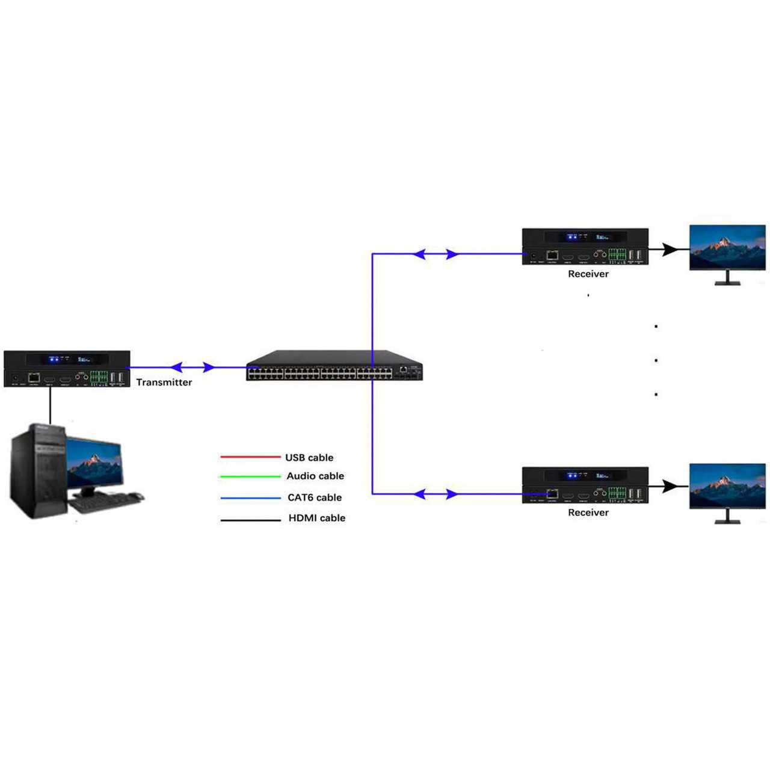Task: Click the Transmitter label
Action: tap(164, 382)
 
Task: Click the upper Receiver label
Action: tap(588, 274)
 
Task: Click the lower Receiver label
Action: tap(588, 513)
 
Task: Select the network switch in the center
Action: tap(334, 366)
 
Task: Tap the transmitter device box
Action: tap(67, 368)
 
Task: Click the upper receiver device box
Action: tap(585, 246)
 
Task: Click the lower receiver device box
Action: tap(585, 485)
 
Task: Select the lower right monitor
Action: tap(727, 488)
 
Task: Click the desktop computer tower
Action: tap(37, 470)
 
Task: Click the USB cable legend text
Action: tap(309, 458)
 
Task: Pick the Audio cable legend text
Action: tap(315, 476)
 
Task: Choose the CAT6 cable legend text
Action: tap(314, 497)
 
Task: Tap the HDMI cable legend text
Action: tap(316, 518)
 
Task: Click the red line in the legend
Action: tap(250, 457)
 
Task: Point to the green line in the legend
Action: tap(250, 476)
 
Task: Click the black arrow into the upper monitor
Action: tap(670, 248)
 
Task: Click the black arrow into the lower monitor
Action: tap(670, 486)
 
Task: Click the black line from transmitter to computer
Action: tap(50, 405)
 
